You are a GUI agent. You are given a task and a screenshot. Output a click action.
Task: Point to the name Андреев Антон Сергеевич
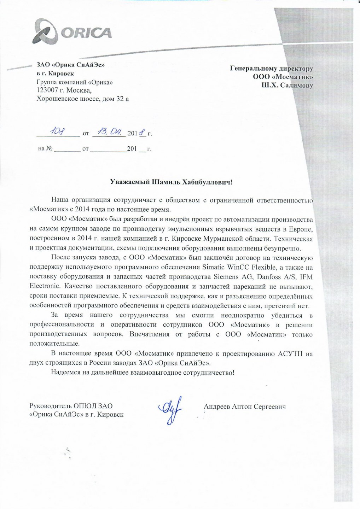(x=245, y=406)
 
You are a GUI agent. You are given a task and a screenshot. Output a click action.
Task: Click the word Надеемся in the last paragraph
(x=65, y=372)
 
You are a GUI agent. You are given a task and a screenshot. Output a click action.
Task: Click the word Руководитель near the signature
(x=51, y=406)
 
